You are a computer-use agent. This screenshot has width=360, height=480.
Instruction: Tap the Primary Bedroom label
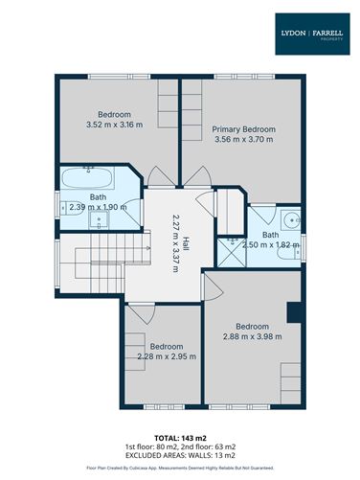click(243, 128)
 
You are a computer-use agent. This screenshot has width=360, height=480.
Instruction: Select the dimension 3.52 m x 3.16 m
click(113, 125)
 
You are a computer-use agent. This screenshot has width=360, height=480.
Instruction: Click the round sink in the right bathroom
click(291, 217)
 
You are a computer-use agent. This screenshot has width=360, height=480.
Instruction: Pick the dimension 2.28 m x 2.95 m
click(167, 356)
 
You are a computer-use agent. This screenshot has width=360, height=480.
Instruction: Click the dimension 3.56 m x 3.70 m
click(243, 139)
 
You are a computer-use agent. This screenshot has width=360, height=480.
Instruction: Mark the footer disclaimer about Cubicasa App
click(180, 469)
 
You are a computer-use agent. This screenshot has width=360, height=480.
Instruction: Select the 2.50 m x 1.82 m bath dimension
click(271, 245)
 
